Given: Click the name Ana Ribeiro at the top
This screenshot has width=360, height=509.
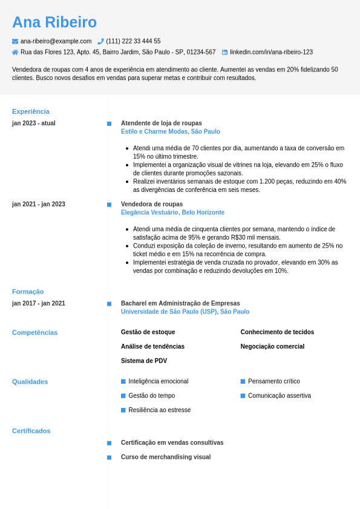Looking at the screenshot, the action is pyautogui.click(x=54, y=22).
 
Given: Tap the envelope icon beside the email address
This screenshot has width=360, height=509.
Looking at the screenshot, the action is pyautogui.click(x=15, y=41).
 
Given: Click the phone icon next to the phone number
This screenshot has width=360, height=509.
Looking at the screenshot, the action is pyautogui.click(x=100, y=41).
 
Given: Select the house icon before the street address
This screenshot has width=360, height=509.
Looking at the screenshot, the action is pyautogui.click(x=15, y=52).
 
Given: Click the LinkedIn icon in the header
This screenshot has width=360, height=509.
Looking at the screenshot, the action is pyautogui.click(x=224, y=52).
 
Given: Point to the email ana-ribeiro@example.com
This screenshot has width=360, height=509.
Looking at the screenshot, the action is pyautogui.click(x=56, y=41).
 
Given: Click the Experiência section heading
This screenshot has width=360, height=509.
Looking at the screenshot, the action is pyautogui.click(x=31, y=111).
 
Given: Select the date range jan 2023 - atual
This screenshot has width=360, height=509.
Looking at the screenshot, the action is pyautogui.click(x=34, y=123).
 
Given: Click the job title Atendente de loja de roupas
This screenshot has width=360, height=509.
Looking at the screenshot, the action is pyautogui.click(x=162, y=123).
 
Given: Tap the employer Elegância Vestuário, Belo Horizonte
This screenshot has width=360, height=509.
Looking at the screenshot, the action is pyautogui.click(x=172, y=212).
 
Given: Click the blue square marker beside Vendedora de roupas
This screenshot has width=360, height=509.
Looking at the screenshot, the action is pyautogui.click(x=109, y=205).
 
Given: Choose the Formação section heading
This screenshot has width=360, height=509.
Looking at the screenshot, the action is pyautogui.click(x=28, y=292).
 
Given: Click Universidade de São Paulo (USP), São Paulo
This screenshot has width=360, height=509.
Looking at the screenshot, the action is pyautogui.click(x=185, y=312).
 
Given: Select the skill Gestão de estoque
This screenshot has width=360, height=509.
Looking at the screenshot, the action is pyautogui.click(x=148, y=332).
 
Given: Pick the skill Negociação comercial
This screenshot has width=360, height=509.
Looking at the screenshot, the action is pyautogui.click(x=272, y=346).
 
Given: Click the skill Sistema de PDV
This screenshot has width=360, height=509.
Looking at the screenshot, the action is pyautogui.click(x=144, y=361).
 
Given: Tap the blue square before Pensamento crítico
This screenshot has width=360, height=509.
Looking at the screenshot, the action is pyautogui.click(x=243, y=381).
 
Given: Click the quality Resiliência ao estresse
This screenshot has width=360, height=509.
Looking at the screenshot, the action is pyautogui.click(x=159, y=410).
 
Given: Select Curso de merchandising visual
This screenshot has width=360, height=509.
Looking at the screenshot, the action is pyautogui.click(x=166, y=457).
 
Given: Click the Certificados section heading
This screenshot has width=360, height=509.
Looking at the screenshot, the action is pyautogui.click(x=31, y=431).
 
